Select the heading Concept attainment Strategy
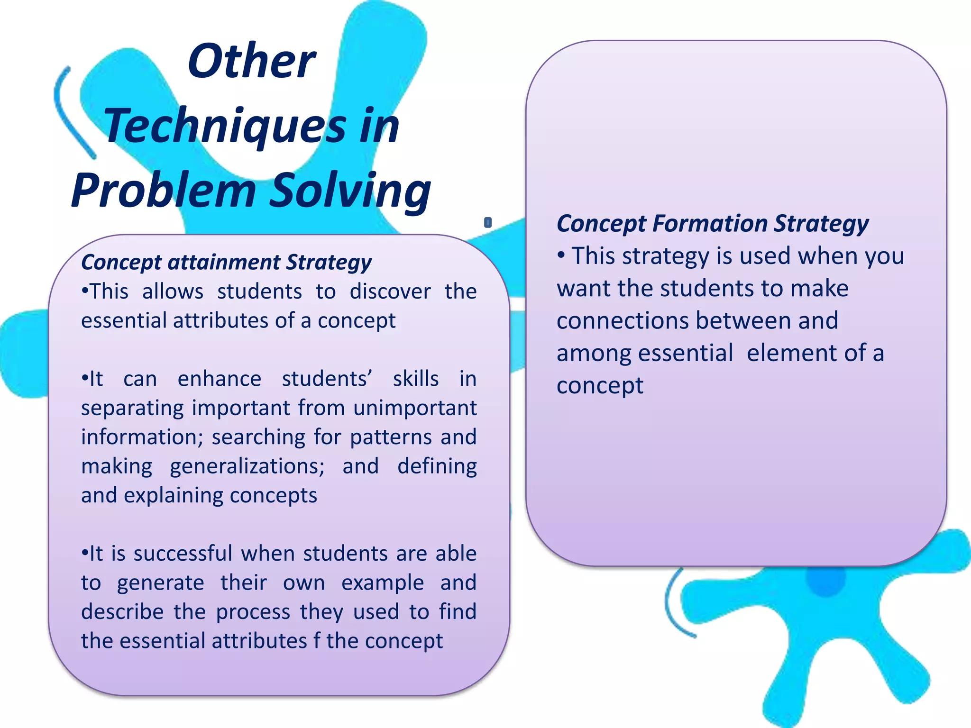(x=226, y=262)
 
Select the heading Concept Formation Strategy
(x=713, y=223)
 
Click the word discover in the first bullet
(x=390, y=291)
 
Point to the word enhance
(x=219, y=379)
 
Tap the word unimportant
(x=414, y=408)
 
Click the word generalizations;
(x=247, y=466)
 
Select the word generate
(x=160, y=583)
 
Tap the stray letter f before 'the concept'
(x=317, y=641)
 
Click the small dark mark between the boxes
(x=488, y=222)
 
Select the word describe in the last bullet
(x=122, y=612)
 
